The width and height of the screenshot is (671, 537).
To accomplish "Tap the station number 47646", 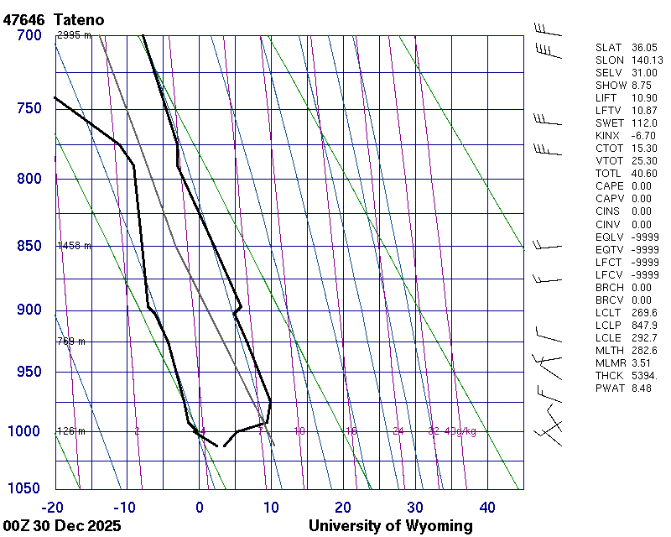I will pyautogui.click(x=23, y=18).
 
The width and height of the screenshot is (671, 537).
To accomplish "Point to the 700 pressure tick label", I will pyautogui.click(x=29, y=35).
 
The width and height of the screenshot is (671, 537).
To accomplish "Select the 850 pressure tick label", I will pyautogui.click(x=29, y=246).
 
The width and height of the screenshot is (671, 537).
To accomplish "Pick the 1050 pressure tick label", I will pyautogui.click(x=25, y=489).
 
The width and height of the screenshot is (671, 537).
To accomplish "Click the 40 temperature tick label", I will pyautogui.click(x=487, y=507).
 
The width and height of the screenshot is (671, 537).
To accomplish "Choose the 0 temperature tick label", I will pyautogui.click(x=200, y=507).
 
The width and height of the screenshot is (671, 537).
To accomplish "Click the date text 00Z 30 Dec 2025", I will pyautogui.click(x=62, y=526).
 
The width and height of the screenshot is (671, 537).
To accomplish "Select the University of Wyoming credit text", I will pyautogui.click(x=391, y=526).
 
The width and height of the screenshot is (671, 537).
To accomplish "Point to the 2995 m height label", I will pyautogui.click(x=74, y=35).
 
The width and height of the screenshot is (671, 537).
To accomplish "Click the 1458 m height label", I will pyautogui.click(x=74, y=246).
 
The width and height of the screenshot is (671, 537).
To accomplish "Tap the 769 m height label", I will pyautogui.click(x=71, y=341).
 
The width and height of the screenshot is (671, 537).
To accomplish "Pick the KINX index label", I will pyautogui.click(x=606, y=136).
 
